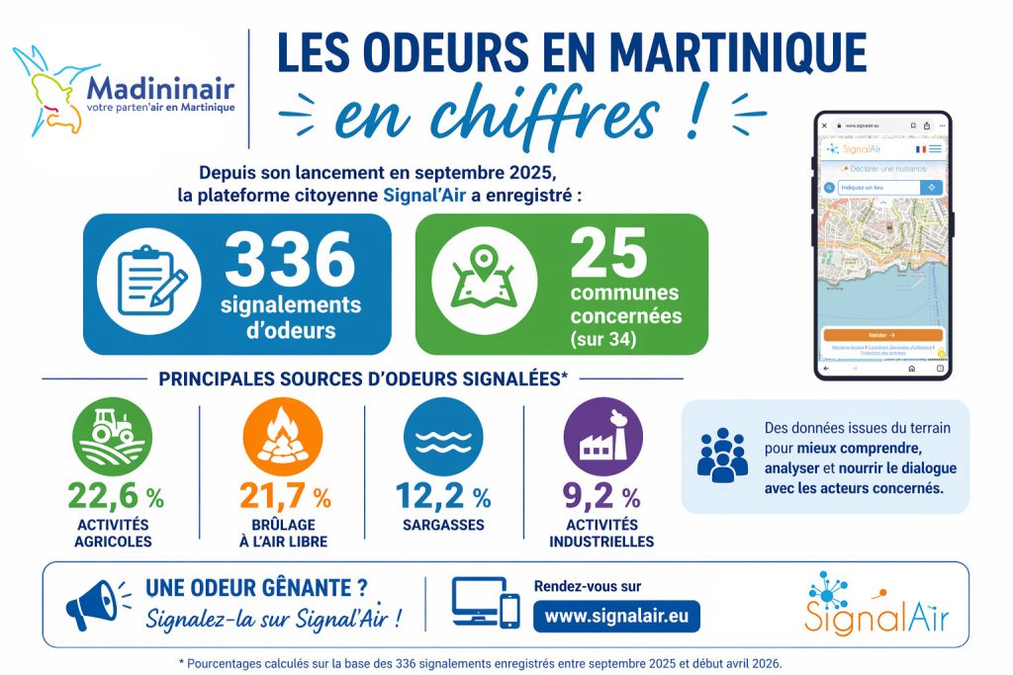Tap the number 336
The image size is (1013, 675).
pos(290,258)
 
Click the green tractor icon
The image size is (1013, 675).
pos(113,436)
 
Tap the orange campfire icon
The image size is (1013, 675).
pos(282,436)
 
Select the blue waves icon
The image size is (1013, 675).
pos(443,436)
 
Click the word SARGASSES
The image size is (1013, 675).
pos(442,524)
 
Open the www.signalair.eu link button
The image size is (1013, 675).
pos(616,616)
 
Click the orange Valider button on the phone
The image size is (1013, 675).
pos(881,335)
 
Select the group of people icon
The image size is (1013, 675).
pos(722,455)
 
